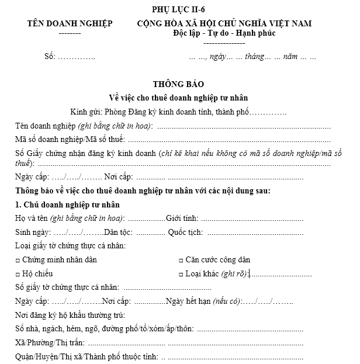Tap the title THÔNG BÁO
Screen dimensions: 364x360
[179, 84]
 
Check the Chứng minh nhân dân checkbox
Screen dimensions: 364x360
[18, 260]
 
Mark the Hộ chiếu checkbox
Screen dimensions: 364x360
[18, 274]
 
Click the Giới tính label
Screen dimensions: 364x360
[182, 218]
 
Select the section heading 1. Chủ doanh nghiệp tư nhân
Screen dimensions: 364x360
[68, 204]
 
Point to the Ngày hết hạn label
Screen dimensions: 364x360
[185, 301]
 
